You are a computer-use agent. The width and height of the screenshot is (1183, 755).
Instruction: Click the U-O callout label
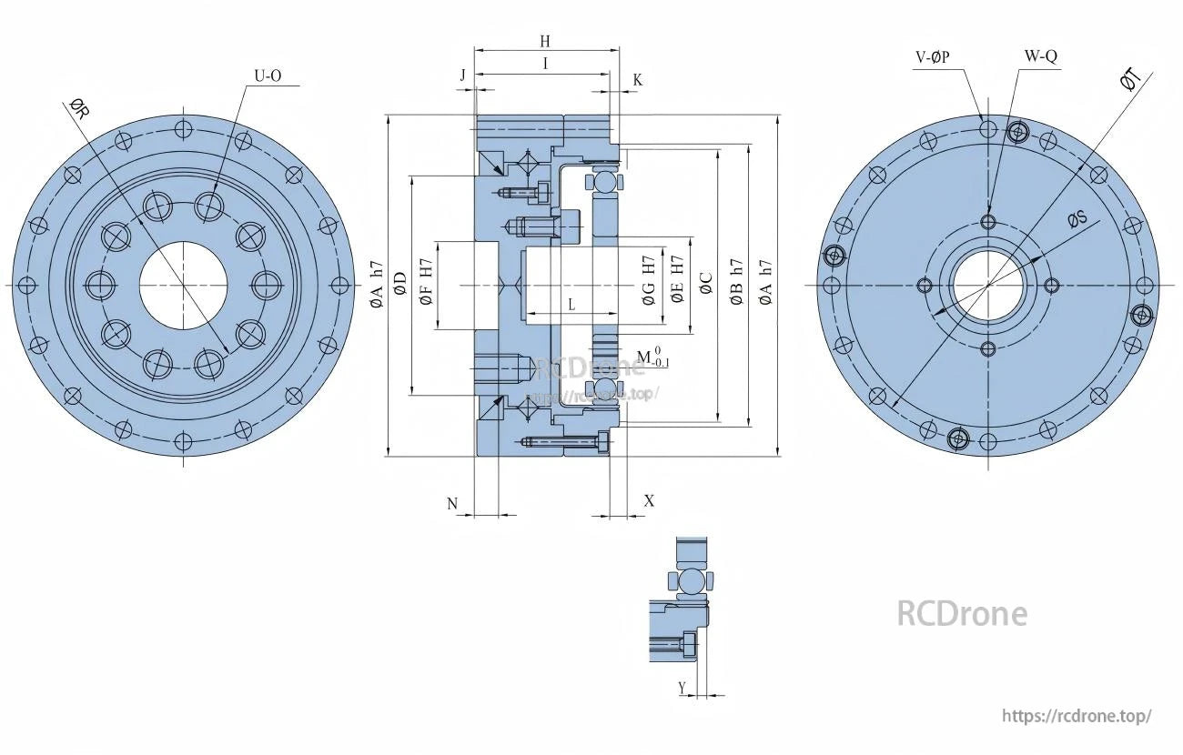point(267,76)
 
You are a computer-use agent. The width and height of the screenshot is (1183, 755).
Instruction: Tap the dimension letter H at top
point(545,41)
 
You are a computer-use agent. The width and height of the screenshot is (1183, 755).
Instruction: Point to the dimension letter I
point(545,63)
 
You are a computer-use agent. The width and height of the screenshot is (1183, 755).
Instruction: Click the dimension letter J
point(463,75)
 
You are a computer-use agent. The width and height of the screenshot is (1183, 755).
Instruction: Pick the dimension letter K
point(637,80)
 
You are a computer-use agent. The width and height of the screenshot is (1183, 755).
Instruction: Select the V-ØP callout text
point(933,56)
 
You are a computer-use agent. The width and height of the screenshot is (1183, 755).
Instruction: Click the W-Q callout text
point(1040,56)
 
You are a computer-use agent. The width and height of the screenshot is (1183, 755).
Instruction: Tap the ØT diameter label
point(1130,81)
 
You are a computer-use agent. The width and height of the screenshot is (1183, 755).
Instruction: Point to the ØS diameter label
point(1077,218)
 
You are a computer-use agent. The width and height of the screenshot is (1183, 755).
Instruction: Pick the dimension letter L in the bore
point(571,306)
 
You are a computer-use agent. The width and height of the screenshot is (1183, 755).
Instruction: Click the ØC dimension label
point(705,284)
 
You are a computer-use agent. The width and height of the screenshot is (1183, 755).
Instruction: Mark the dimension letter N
point(452,503)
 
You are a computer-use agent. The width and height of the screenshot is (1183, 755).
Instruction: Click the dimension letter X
point(649,501)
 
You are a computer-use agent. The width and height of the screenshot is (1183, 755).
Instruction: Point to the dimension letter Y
point(682,688)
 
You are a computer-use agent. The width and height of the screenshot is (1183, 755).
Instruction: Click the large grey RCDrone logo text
point(962,614)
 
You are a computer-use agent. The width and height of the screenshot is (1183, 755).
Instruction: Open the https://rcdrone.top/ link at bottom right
point(1077,716)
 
